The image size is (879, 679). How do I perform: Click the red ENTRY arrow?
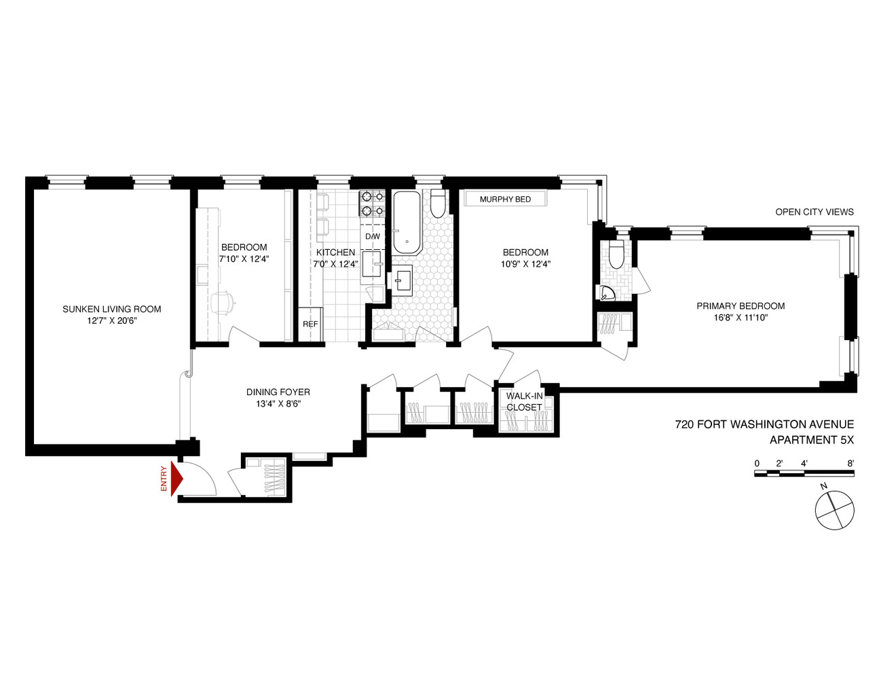(176, 479)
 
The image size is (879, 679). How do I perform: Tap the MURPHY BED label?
(505, 199)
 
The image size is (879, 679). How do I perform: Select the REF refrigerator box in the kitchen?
(310, 324)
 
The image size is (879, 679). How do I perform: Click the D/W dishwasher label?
(373, 236)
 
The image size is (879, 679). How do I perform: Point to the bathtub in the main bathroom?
(407, 222)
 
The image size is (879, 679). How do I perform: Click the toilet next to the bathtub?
(438, 203)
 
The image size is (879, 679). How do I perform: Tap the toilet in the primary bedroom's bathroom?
(616, 254)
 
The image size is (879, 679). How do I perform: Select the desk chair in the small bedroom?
(223, 302)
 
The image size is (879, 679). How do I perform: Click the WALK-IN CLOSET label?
(524, 401)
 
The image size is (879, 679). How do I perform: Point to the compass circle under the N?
(834, 510)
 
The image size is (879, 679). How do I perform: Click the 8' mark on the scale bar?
(850, 463)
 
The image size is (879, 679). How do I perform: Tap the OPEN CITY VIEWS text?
(815, 212)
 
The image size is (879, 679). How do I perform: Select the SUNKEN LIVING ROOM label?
(111, 309)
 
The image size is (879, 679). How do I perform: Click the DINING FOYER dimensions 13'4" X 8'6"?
(278, 404)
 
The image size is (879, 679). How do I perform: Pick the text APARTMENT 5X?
(811, 440)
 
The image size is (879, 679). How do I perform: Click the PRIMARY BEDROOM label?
(741, 306)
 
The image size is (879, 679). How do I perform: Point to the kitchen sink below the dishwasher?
(372, 264)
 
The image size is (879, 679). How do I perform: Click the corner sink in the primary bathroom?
(605, 293)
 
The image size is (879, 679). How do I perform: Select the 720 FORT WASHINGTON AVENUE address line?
(764, 424)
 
